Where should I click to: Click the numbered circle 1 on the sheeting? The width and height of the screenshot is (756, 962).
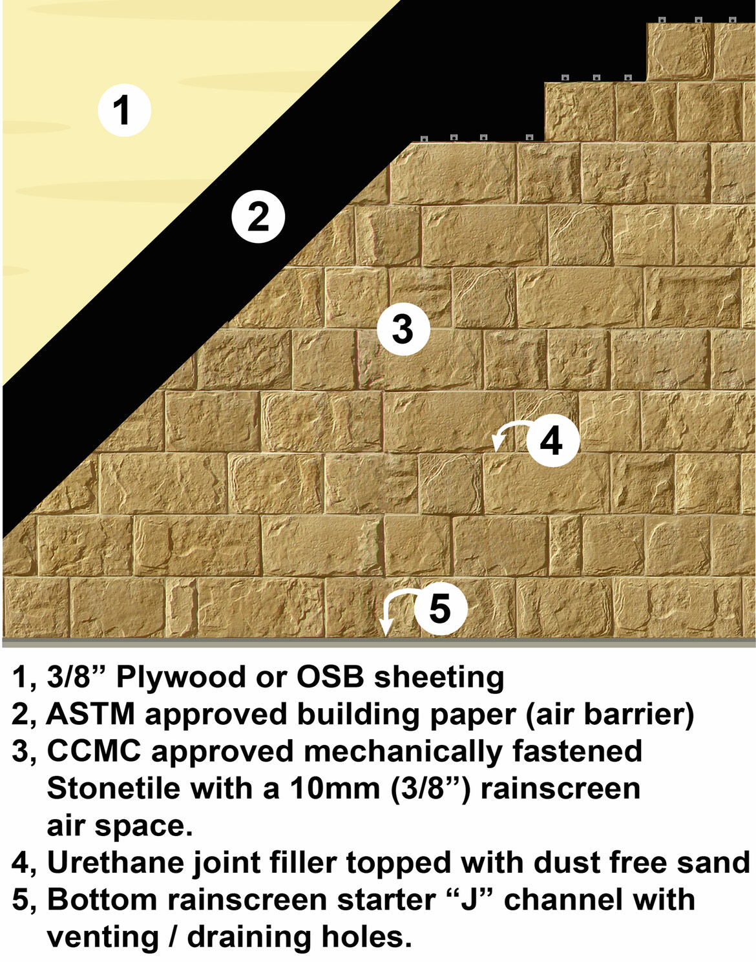pyautogui.click(x=124, y=110)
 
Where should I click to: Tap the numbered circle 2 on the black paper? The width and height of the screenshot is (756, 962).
pyautogui.click(x=258, y=216)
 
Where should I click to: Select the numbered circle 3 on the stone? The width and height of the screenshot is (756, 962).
pyautogui.click(x=403, y=329)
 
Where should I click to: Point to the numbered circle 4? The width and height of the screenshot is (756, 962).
pyautogui.click(x=553, y=440)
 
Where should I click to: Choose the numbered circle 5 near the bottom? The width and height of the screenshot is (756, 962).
pyautogui.click(x=441, y=609)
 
